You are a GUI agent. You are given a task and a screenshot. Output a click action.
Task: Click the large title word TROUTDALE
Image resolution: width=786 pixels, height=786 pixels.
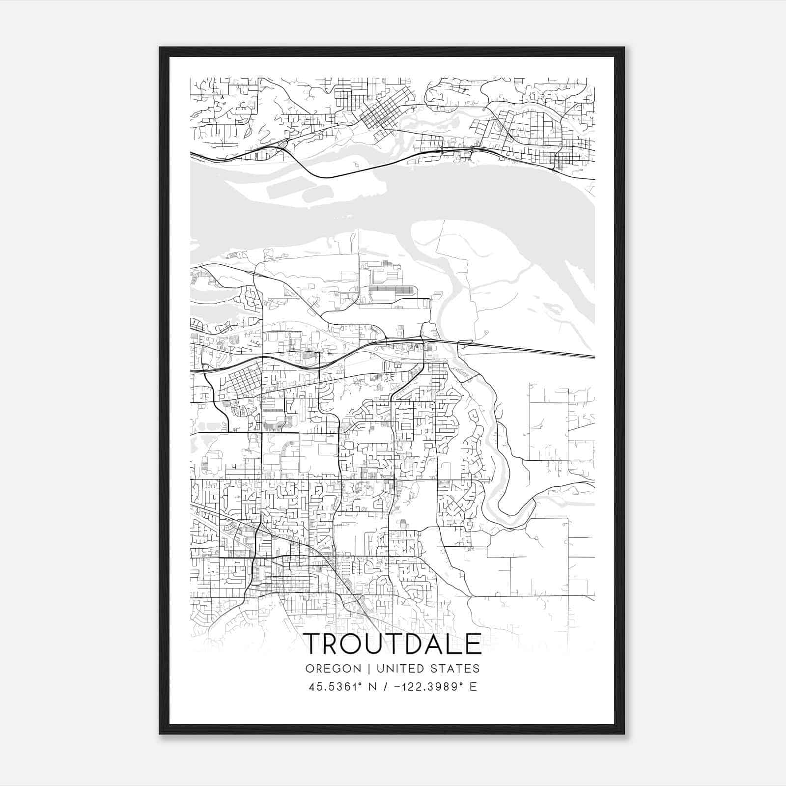pos(393,644)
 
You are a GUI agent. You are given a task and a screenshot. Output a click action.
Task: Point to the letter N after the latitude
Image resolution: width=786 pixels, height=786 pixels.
pos(372,687)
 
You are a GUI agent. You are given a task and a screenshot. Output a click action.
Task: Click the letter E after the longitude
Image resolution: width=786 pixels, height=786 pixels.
pos(473,687)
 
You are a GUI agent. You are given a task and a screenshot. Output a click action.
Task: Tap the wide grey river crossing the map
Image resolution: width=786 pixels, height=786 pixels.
pos(393,206)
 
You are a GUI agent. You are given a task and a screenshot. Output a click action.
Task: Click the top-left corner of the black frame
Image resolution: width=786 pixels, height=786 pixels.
pos(160,48)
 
